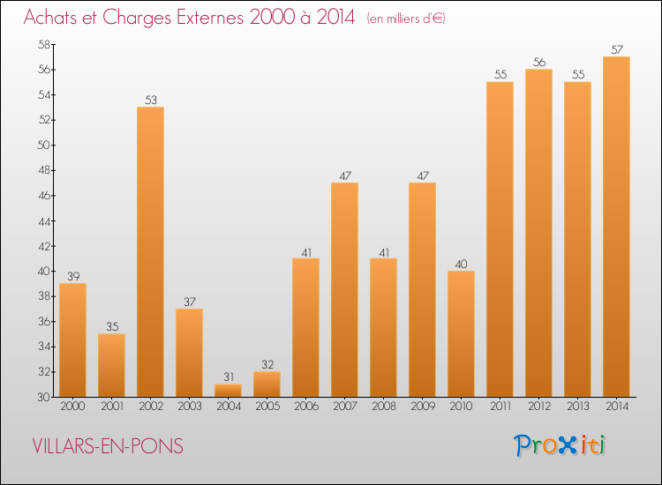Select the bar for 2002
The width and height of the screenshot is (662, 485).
[150, 251]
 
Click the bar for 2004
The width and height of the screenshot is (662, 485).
[228, 390]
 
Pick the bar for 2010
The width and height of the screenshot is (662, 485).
[461, 333]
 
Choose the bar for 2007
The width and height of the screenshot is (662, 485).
[344, 289]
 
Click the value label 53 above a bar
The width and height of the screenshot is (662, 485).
[150, 100]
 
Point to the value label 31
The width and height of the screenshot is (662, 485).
[228, 377]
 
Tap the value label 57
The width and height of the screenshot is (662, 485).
[616, 49]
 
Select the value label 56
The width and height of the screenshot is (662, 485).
[538, 62]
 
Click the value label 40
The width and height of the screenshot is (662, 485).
[461, 264]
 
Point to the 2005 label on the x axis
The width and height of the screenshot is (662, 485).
[267, 407]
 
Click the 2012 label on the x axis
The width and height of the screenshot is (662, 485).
[538, 407]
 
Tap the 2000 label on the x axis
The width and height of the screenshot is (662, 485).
[72, 407]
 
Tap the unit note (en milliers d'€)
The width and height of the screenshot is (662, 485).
[406, 19]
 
